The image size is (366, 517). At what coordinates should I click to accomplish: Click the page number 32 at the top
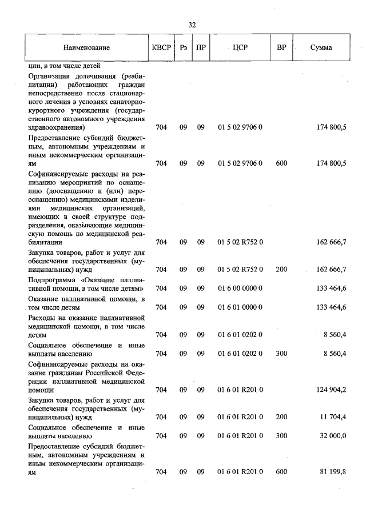[192, 25]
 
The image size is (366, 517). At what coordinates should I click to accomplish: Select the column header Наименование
[86, 47]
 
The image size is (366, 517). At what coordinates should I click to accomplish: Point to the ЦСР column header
[240, 47]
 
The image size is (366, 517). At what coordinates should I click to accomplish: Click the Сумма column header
[321, 47]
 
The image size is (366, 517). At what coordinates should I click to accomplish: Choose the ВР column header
[281, 47]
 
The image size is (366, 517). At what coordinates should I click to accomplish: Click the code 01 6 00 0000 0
[240, 288]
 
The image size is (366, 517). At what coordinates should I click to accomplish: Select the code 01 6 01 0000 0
[240, 307]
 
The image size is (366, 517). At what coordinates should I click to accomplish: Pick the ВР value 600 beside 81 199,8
[281, 471]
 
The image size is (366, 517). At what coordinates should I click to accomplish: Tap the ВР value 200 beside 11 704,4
[281, 417]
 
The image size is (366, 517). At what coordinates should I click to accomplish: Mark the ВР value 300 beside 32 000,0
[281, 436]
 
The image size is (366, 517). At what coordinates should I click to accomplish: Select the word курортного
[47, 110]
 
